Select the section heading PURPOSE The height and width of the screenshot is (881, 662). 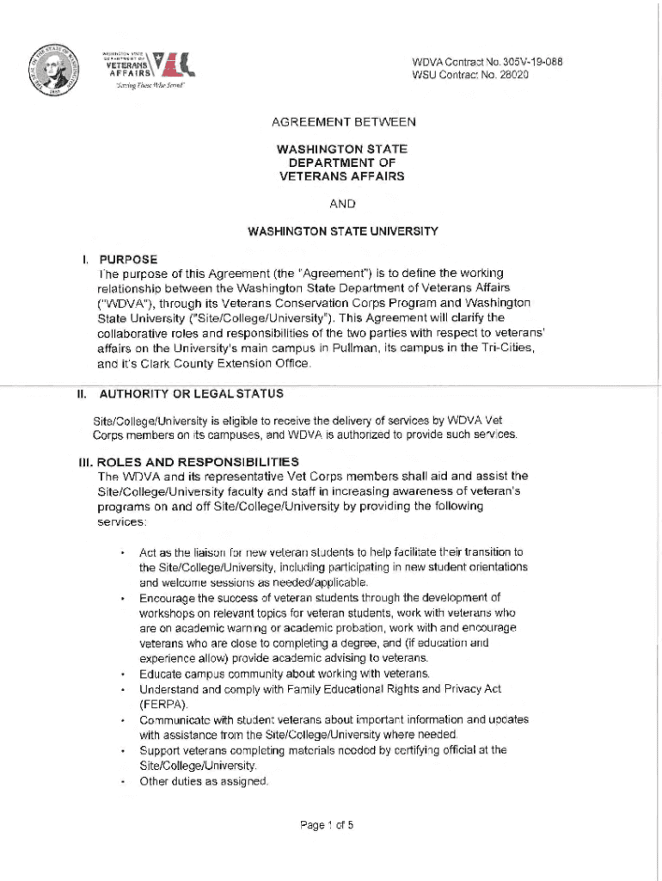128,258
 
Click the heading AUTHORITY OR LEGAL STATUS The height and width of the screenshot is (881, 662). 192,393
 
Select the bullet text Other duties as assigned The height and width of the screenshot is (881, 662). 204,781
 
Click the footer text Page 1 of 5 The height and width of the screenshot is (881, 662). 327,825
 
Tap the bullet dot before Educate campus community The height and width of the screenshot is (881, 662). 124,674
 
